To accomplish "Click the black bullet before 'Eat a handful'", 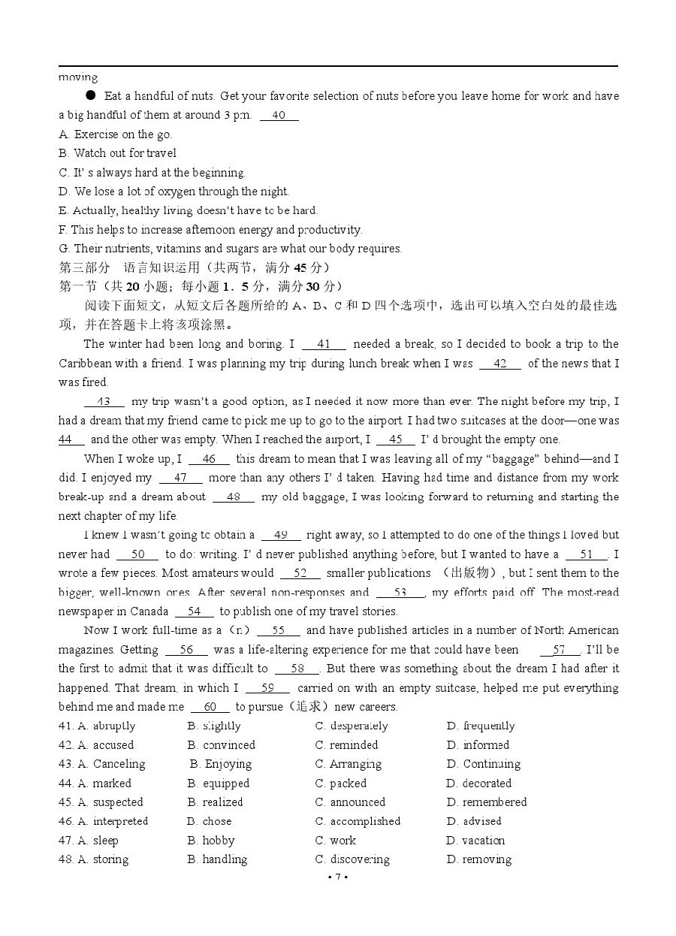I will pos(91,95).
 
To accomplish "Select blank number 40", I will pos(279,116).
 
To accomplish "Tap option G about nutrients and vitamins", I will pos(230,249).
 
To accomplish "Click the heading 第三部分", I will pos(84,267).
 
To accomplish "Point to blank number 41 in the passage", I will pos(324,345).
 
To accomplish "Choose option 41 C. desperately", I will pos(352,726).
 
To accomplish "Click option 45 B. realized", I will pos(216,802).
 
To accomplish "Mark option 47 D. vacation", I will pos(475,841).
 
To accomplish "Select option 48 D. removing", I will pos(478,859).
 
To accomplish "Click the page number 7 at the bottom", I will pos(338,877).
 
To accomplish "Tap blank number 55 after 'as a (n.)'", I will pos(279,631).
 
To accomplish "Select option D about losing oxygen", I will pos(174,192).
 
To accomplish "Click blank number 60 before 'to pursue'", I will pos(210,707).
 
